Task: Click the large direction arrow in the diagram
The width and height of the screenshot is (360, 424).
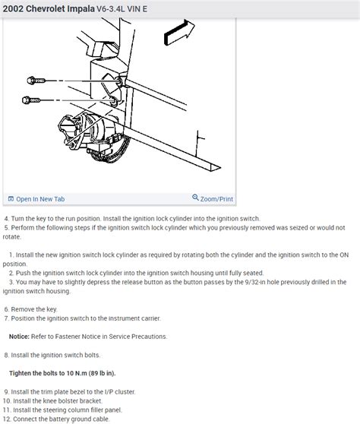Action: coord(179,33)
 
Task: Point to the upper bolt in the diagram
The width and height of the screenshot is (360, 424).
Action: coord(36,81)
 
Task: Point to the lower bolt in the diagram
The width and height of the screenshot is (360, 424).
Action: coord(31,100)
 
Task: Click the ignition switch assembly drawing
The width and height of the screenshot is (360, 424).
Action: coord(93,138)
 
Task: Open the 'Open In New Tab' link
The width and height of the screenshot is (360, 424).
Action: coord(40,199)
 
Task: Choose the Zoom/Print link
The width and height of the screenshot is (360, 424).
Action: coord(216,199)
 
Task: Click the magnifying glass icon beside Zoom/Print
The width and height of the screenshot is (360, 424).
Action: coord(195,198)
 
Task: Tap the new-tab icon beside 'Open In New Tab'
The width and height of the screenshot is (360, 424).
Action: coord(11,199)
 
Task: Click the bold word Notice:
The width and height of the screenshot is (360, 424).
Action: coord(19,337)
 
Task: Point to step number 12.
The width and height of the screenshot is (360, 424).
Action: coord(7,419)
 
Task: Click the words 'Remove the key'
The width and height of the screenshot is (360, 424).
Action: coord(33,309)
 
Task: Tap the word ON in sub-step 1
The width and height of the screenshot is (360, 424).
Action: coord(344,255)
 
